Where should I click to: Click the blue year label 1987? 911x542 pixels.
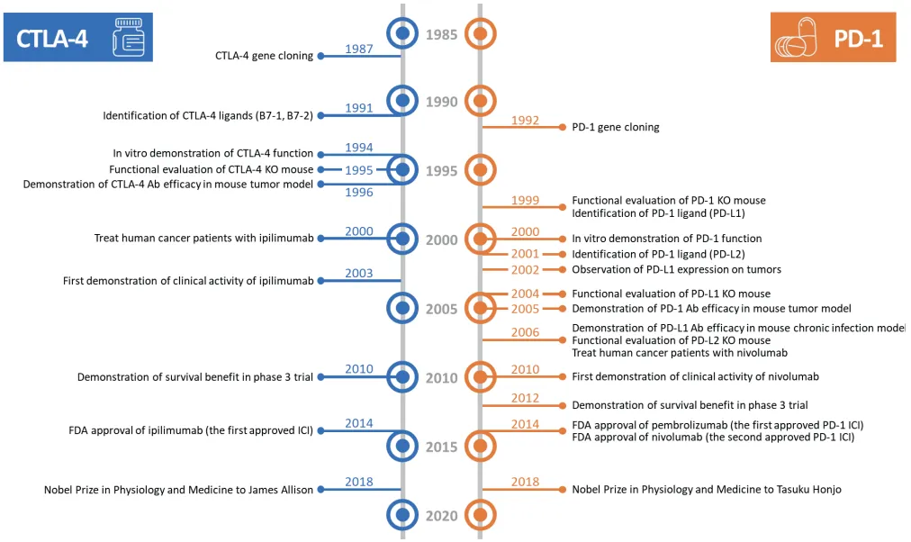coord(359,49)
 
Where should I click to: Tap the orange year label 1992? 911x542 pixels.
coord(526,120)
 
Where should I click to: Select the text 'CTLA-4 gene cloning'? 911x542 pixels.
coord(264,56)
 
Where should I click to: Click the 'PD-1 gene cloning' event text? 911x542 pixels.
coord(616,127)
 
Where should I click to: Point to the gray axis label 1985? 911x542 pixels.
coord(442,35)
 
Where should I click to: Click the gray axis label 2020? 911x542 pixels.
coord(442,516)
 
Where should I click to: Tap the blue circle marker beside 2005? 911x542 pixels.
coord(403,309)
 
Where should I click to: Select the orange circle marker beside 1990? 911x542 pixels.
coord(481,102)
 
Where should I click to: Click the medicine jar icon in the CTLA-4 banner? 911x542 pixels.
coord(128,38)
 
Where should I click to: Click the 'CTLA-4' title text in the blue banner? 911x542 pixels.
coord(52,38)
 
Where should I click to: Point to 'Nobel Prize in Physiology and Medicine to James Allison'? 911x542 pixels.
coord(178,490)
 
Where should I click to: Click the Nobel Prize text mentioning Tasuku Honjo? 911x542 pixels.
coord(707,490)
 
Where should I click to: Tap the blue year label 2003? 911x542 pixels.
coord(359,274)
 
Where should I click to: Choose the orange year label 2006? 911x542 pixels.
coord(526,332)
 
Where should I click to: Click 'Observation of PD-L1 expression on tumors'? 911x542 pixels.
coord(677,269)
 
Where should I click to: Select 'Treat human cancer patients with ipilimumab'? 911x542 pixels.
coord(203,239)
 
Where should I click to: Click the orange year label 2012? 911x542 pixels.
coord(526,398)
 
